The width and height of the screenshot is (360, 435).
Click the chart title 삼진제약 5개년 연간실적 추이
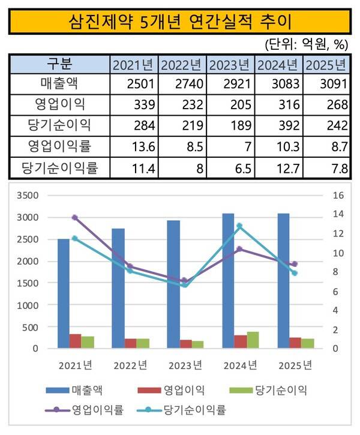click(x=180, y=22)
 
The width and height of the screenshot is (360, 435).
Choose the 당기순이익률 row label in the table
click(x=59, y=166)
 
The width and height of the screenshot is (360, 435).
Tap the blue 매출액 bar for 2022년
click(x=118, y=288)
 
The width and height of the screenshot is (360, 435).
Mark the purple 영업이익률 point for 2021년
click(x=75, y=218)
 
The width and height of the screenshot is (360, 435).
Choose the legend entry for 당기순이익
click(x=269, y=391)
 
